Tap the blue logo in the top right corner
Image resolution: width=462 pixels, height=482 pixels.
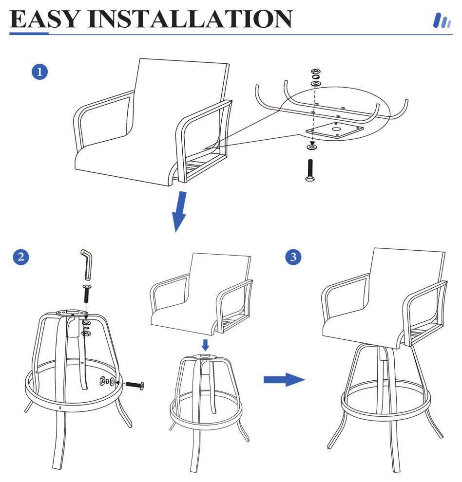coord(442,20)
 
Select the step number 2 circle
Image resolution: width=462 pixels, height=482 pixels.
coord(20,257)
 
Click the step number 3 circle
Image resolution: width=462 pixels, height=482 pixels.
coord(293,257)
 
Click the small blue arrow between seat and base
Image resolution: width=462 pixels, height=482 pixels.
coord(206,345)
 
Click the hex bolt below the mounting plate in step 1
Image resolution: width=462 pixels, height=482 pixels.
coord(310,170)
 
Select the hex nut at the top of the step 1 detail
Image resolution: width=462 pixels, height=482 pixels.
coord(315,72)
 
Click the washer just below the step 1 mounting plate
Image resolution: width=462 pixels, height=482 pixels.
coord(310,147)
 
